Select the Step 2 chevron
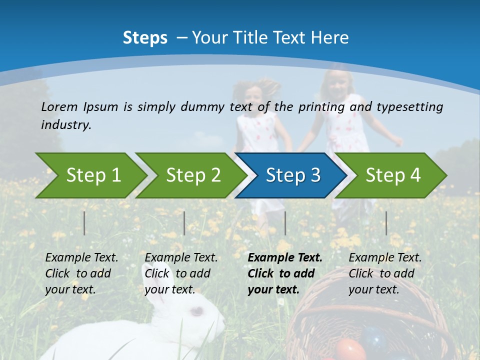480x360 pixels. click(x=192, y=175)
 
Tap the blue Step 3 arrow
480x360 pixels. click(x=292, y=175)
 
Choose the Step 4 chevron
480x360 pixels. click(x=392, y=175)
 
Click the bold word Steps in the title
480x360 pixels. click(x=145, y=38)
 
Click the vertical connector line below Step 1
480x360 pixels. click(x=84, y=223)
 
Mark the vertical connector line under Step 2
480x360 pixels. click(x=184, y=223)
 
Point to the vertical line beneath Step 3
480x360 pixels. click(x=285, y=223)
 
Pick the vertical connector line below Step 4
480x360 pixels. click(x=386, y=223)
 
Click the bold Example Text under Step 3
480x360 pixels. click(x=285, y=258)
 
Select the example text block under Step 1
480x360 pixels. click(x=81, y=273)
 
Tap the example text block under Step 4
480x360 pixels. click(x=384, y=273)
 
